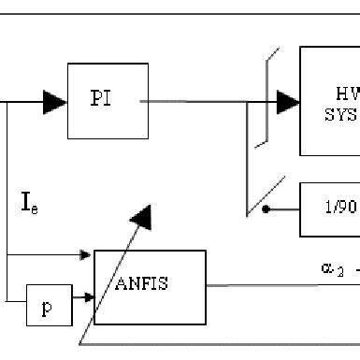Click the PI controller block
pos(108,100)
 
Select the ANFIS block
pos(150,286)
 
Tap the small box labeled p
pos(46,307)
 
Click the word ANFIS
pos(143,284)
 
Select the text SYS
pos(341,115)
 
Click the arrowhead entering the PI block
pos(55,102)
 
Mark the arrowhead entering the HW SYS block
pos(288,101)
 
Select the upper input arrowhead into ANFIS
pos(87,253)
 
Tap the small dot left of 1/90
pos(265,209)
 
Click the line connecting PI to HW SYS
pos(206,101)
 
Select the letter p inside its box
pos(46,309)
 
